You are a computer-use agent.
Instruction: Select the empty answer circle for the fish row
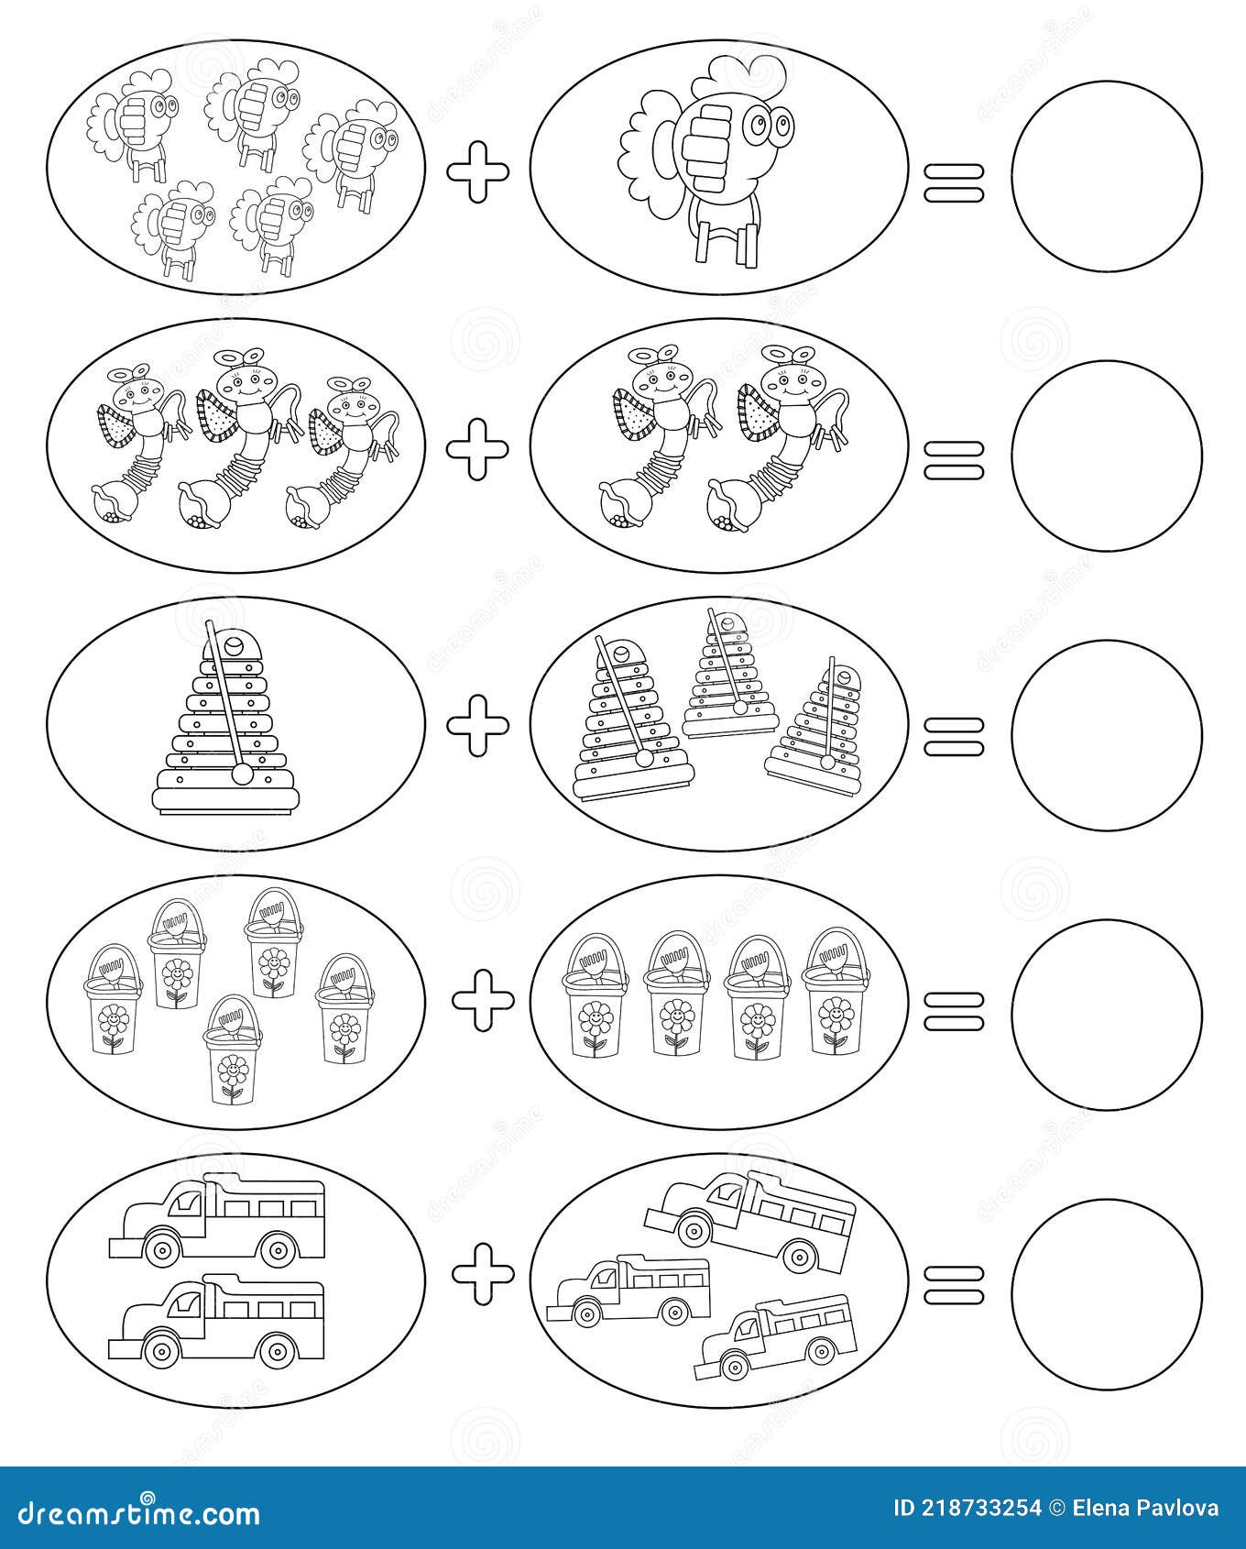pos(1106,176)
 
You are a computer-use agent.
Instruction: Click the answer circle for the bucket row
pos(1106,1015)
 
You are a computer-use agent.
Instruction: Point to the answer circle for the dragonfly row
pos(1106,456)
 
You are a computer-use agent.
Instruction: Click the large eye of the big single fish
pos(760,125)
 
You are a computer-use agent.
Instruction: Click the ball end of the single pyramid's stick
pos(243,774)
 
